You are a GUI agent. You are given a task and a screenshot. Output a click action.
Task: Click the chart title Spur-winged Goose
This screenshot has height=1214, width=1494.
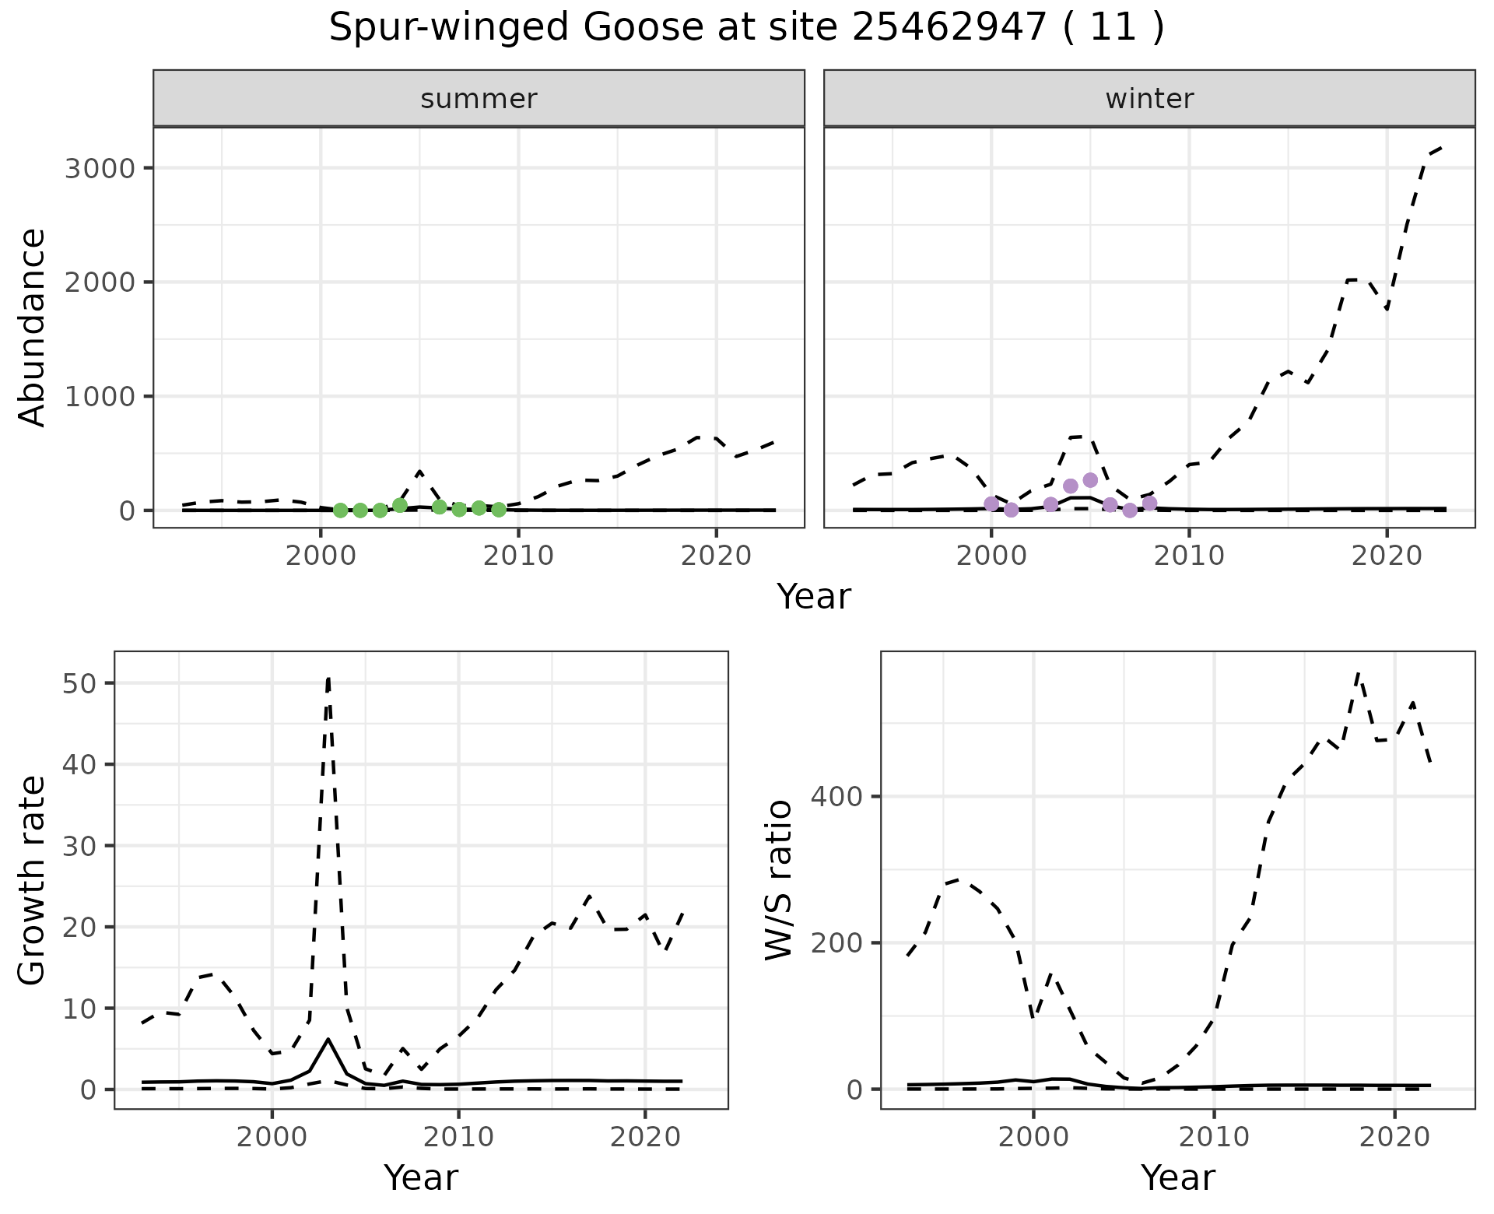745,29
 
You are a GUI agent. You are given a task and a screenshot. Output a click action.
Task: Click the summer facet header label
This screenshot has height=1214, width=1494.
479,99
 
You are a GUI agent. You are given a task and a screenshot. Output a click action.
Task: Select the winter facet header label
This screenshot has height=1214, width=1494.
1149,99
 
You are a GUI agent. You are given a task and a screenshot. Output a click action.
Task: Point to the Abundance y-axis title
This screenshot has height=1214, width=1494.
33,327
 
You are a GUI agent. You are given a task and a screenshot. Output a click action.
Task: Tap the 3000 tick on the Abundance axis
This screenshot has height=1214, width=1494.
99,169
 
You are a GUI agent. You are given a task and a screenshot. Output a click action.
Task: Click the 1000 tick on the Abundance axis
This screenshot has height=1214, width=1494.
99,397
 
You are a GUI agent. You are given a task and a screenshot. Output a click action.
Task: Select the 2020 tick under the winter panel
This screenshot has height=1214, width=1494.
1386,556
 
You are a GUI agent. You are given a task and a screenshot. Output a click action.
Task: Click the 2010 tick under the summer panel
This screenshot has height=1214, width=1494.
518,556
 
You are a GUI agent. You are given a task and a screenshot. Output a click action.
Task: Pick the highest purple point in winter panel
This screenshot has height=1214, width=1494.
1090,480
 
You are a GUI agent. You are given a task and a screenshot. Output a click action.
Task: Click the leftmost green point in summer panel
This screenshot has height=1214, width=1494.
340,511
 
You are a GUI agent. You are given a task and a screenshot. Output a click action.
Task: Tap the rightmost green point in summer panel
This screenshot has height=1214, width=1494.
499,510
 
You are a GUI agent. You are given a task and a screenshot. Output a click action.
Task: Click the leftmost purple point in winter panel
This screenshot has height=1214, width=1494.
991,504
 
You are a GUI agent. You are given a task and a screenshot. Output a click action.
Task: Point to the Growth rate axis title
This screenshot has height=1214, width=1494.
33,879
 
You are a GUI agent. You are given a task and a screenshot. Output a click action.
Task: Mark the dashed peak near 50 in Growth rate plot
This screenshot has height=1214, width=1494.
328,679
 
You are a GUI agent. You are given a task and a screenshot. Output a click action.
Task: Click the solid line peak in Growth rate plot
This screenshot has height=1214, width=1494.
328,1039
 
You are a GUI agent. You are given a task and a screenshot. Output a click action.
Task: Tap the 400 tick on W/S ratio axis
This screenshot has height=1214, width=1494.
835,797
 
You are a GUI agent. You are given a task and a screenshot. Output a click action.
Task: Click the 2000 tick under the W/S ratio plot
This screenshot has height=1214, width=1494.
1033,1137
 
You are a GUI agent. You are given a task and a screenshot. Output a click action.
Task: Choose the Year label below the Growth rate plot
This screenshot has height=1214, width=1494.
421,1177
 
